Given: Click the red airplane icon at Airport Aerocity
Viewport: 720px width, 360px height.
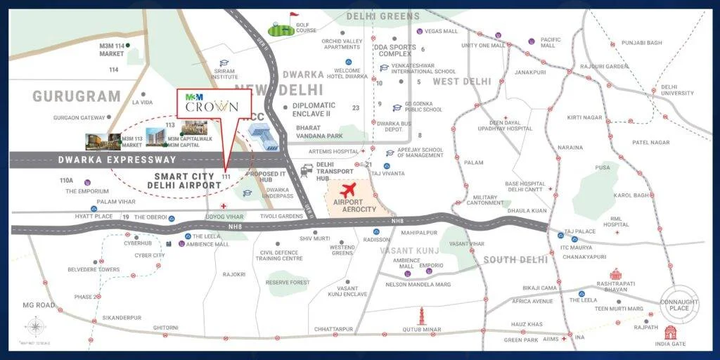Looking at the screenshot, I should coord(348,189).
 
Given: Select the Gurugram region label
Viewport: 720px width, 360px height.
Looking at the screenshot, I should coord(77,96).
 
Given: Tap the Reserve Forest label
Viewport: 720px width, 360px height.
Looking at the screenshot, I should coord(288,282).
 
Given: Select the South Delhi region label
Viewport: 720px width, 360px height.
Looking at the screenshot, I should coord(515,259).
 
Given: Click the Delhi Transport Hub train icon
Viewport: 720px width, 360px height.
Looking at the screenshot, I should coord(307,169).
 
